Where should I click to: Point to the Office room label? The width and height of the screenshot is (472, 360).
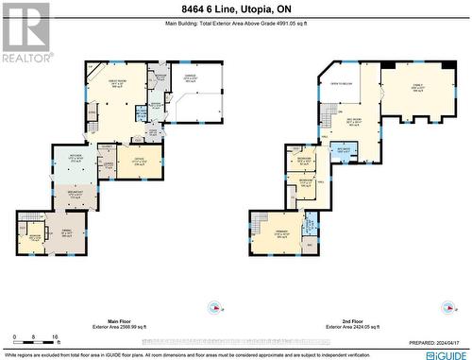[138, 160]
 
